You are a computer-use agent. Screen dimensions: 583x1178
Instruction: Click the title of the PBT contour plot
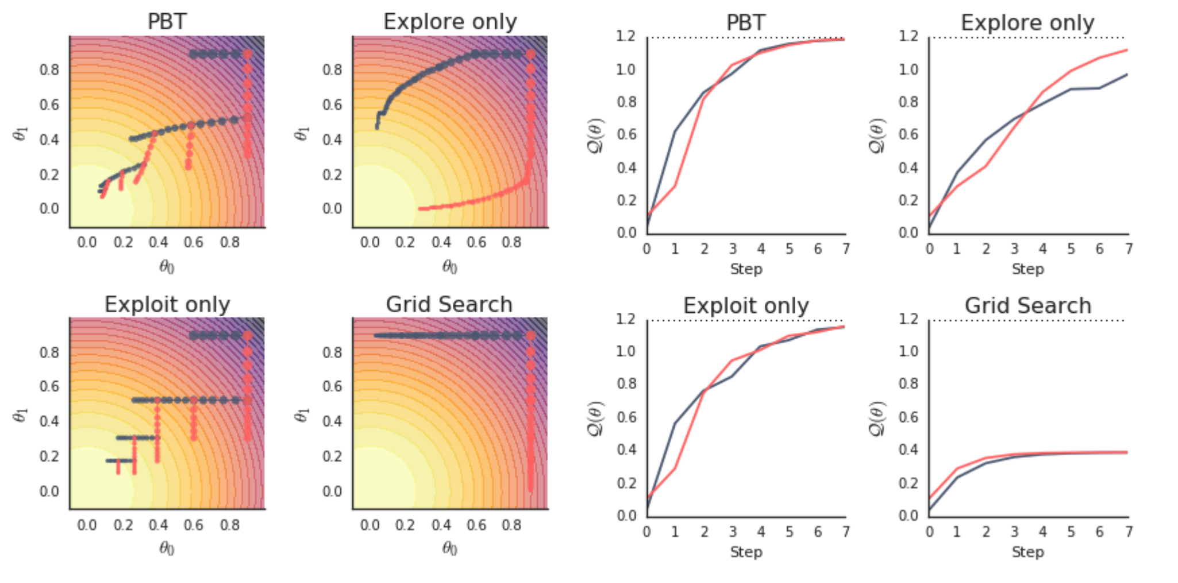(167, 22)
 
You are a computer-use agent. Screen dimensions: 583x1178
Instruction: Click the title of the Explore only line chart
(1027, 23)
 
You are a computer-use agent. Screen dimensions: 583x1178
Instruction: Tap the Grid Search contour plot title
(449, 305)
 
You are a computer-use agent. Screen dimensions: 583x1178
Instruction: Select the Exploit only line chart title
(745, 306)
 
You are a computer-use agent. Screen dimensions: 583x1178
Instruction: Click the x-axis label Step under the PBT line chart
(746, 269)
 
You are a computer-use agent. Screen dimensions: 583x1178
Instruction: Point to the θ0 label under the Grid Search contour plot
(449, 549)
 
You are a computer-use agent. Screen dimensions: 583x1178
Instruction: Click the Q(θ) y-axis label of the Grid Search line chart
(877, 419)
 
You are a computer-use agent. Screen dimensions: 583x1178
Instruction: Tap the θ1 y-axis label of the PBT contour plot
(20, 134)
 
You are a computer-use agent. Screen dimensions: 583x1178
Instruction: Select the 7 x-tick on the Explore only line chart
(1129, 249)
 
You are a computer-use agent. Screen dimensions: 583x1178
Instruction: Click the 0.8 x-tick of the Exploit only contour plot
(229, 525)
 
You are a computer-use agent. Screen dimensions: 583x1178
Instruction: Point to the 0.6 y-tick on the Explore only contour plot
(332, 105)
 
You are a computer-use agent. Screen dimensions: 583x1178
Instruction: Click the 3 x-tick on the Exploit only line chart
(733, 532)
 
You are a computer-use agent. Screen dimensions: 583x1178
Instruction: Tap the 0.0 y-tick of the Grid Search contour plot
(332, 492)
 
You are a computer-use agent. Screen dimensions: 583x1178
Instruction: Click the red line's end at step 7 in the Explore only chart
(1127, 50)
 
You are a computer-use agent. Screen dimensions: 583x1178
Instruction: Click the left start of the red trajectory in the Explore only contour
(421, 209)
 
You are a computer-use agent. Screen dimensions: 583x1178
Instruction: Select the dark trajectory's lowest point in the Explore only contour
(377, 127)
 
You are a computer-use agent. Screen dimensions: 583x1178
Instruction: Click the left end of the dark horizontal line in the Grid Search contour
(375, 335)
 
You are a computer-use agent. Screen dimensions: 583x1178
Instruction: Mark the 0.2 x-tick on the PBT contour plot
(123, 243)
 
